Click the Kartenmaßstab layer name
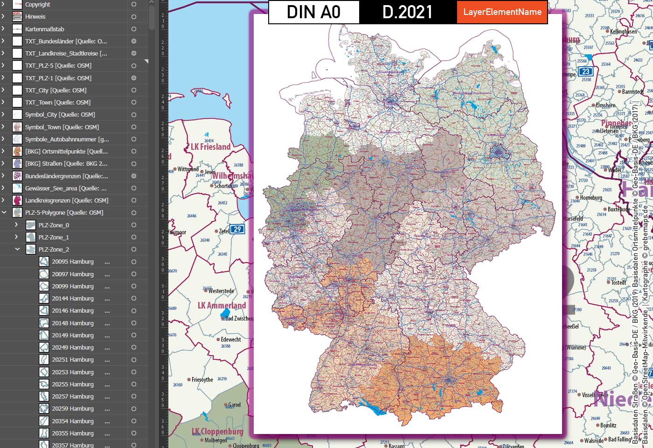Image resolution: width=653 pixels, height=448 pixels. [45, 29]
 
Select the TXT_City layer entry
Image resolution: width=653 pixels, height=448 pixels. [56, 90]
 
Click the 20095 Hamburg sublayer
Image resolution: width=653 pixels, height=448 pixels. [73, 262]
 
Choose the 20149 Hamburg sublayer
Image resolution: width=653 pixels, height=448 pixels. [73, 335]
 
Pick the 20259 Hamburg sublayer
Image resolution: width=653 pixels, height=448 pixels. [73, 408]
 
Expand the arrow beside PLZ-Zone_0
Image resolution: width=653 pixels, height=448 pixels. [17, 225]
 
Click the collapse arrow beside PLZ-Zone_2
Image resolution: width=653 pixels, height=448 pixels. [17, 249]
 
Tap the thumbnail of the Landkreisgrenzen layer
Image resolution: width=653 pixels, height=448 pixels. [17, 200]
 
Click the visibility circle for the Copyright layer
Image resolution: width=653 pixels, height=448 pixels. [134, 4]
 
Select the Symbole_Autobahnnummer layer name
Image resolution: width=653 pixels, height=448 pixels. [67, 139]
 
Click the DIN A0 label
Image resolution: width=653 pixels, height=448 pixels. [313, 12]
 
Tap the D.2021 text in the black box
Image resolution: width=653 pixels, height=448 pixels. [408, 12]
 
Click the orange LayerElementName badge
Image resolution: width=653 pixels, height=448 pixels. [502, 12]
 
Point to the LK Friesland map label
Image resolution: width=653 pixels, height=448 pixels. [211, 147]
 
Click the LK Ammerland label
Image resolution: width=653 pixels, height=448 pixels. [222, 306]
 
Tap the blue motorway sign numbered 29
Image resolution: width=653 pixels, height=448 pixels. [238, 229]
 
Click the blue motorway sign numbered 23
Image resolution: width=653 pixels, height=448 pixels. [585, 71]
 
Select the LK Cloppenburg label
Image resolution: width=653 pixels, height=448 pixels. [217, 431]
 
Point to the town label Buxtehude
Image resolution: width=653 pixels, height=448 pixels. [619, 210]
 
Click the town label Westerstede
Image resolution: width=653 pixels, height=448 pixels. [221, 291]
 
